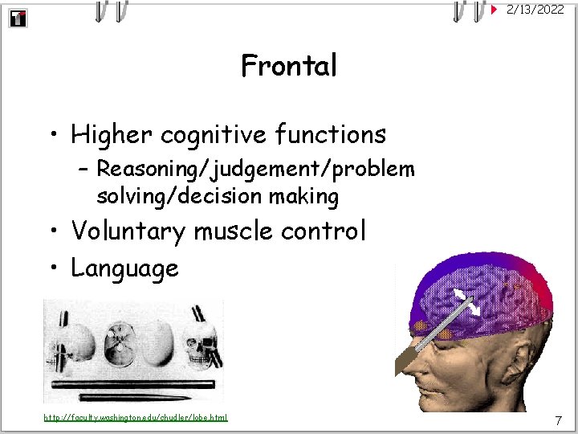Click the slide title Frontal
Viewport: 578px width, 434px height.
(289, 66)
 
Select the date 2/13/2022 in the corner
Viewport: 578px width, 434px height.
(535, 10)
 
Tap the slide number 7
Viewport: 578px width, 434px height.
(558, 420)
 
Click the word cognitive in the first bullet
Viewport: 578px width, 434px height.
(195, 134)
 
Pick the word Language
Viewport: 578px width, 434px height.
(124, 268)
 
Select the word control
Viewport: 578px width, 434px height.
(324, 231)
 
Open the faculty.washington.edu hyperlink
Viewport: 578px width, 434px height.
(136, 417)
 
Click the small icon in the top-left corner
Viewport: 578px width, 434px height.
(18, 18)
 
